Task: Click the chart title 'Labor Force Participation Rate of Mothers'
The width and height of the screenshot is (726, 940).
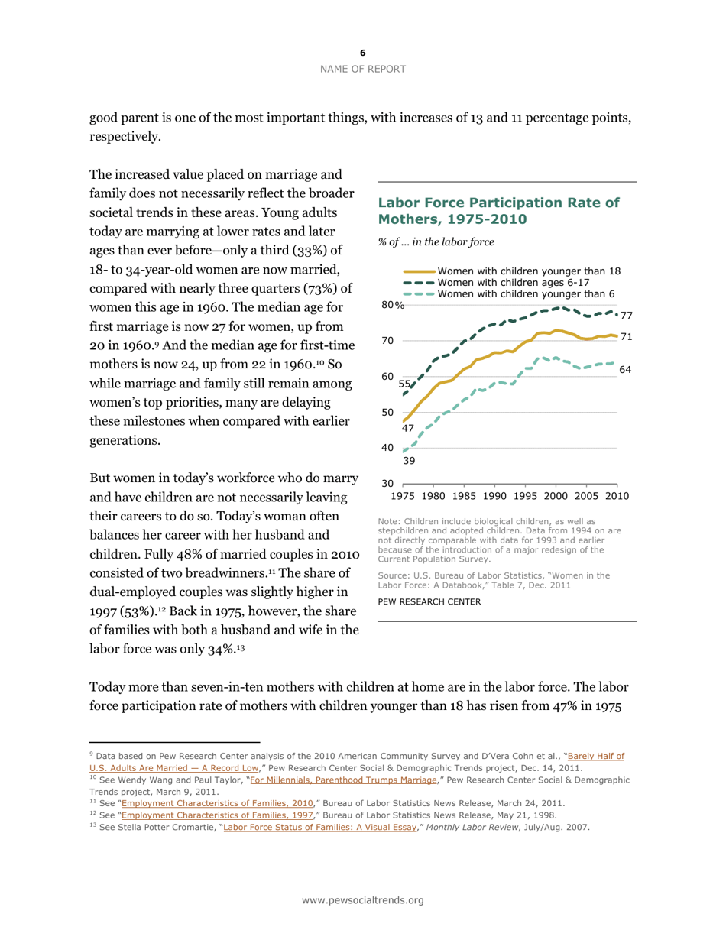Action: coord(498,210)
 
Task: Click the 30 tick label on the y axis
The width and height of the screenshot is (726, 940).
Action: coord(387,484)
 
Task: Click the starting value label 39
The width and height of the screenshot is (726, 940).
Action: coord(409,461)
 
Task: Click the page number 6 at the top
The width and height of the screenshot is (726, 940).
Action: coord(363,53)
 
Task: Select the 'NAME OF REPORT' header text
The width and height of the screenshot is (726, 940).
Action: coord(363,69)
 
